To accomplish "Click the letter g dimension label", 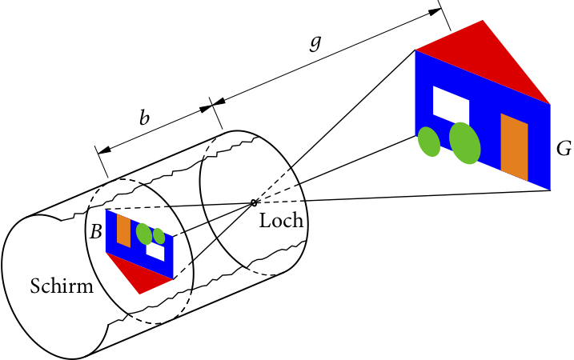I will (x=316, y=44).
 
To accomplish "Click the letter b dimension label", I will (x=144, y=118).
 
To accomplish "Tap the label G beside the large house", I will (x=564, y=149).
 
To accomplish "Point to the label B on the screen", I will (x=95, y=232).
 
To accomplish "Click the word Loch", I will (x=281, y=222).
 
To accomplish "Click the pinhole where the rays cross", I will (x=254, y=202).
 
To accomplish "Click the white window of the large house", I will (x=451, y=102).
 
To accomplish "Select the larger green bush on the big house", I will (x=464, y=142).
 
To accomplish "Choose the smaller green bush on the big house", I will (x=429, y=142).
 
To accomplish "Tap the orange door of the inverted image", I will (x=123, y=230).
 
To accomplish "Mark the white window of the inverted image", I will (x=155, y=251).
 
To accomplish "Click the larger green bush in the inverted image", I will (x=144, y=234).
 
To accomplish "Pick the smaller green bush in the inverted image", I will (x=159, y=237).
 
